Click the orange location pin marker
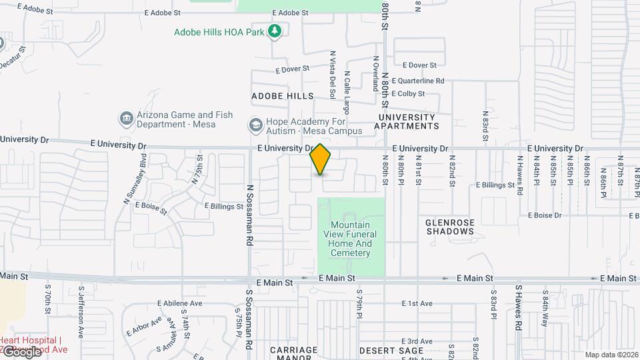tap(320, 159)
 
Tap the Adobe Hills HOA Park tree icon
tap(274, 31)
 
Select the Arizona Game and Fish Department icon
tap(126, 119)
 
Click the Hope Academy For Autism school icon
tap(255, 125)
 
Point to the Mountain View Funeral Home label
tap(350, 239)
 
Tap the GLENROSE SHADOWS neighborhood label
tap(450, 226)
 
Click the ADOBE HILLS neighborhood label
tap(282, 96)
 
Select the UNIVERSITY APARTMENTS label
tap(408, 121)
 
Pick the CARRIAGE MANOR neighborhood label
tap(294, 353)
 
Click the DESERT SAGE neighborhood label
tap(391, 350)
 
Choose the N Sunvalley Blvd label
tap(135, 178)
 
